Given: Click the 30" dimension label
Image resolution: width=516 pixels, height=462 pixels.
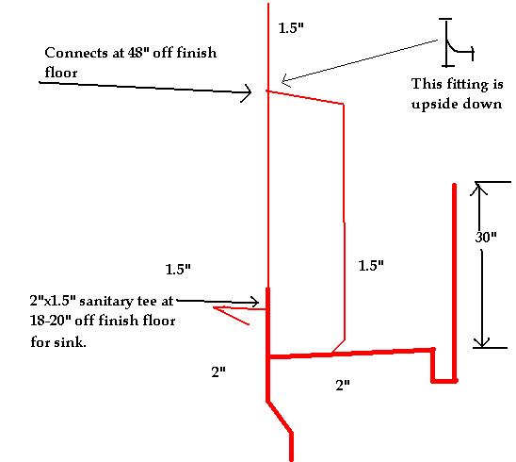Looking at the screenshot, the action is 486,237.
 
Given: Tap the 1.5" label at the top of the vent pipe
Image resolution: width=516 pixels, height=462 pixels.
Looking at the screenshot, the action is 291,28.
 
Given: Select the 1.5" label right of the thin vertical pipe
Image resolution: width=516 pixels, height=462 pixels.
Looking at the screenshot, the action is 371,265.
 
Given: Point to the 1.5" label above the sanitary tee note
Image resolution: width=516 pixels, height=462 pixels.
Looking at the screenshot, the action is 178,270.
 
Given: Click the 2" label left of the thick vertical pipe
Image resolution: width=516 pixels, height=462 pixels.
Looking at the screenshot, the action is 218,372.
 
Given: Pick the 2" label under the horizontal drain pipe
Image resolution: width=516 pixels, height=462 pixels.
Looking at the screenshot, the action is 343,385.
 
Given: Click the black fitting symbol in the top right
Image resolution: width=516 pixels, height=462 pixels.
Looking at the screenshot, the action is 457,42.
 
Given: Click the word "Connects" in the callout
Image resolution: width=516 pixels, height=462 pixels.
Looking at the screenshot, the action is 76,53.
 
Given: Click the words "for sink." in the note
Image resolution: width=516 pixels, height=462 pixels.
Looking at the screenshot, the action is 58,341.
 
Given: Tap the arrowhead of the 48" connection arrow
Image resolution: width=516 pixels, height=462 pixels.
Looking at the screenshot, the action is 246,92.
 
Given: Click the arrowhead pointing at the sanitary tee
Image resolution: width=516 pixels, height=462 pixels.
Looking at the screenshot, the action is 254,302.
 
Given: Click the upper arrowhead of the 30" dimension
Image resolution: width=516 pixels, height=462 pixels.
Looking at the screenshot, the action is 478,189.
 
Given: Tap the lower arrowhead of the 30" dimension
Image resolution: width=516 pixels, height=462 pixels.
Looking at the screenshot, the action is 482,342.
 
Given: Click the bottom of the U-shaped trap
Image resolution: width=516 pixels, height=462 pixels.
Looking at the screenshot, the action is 444,381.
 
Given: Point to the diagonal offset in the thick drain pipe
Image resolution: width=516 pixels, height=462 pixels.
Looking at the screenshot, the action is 280,417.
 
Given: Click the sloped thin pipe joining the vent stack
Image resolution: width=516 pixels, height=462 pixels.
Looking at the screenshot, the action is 306,97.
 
